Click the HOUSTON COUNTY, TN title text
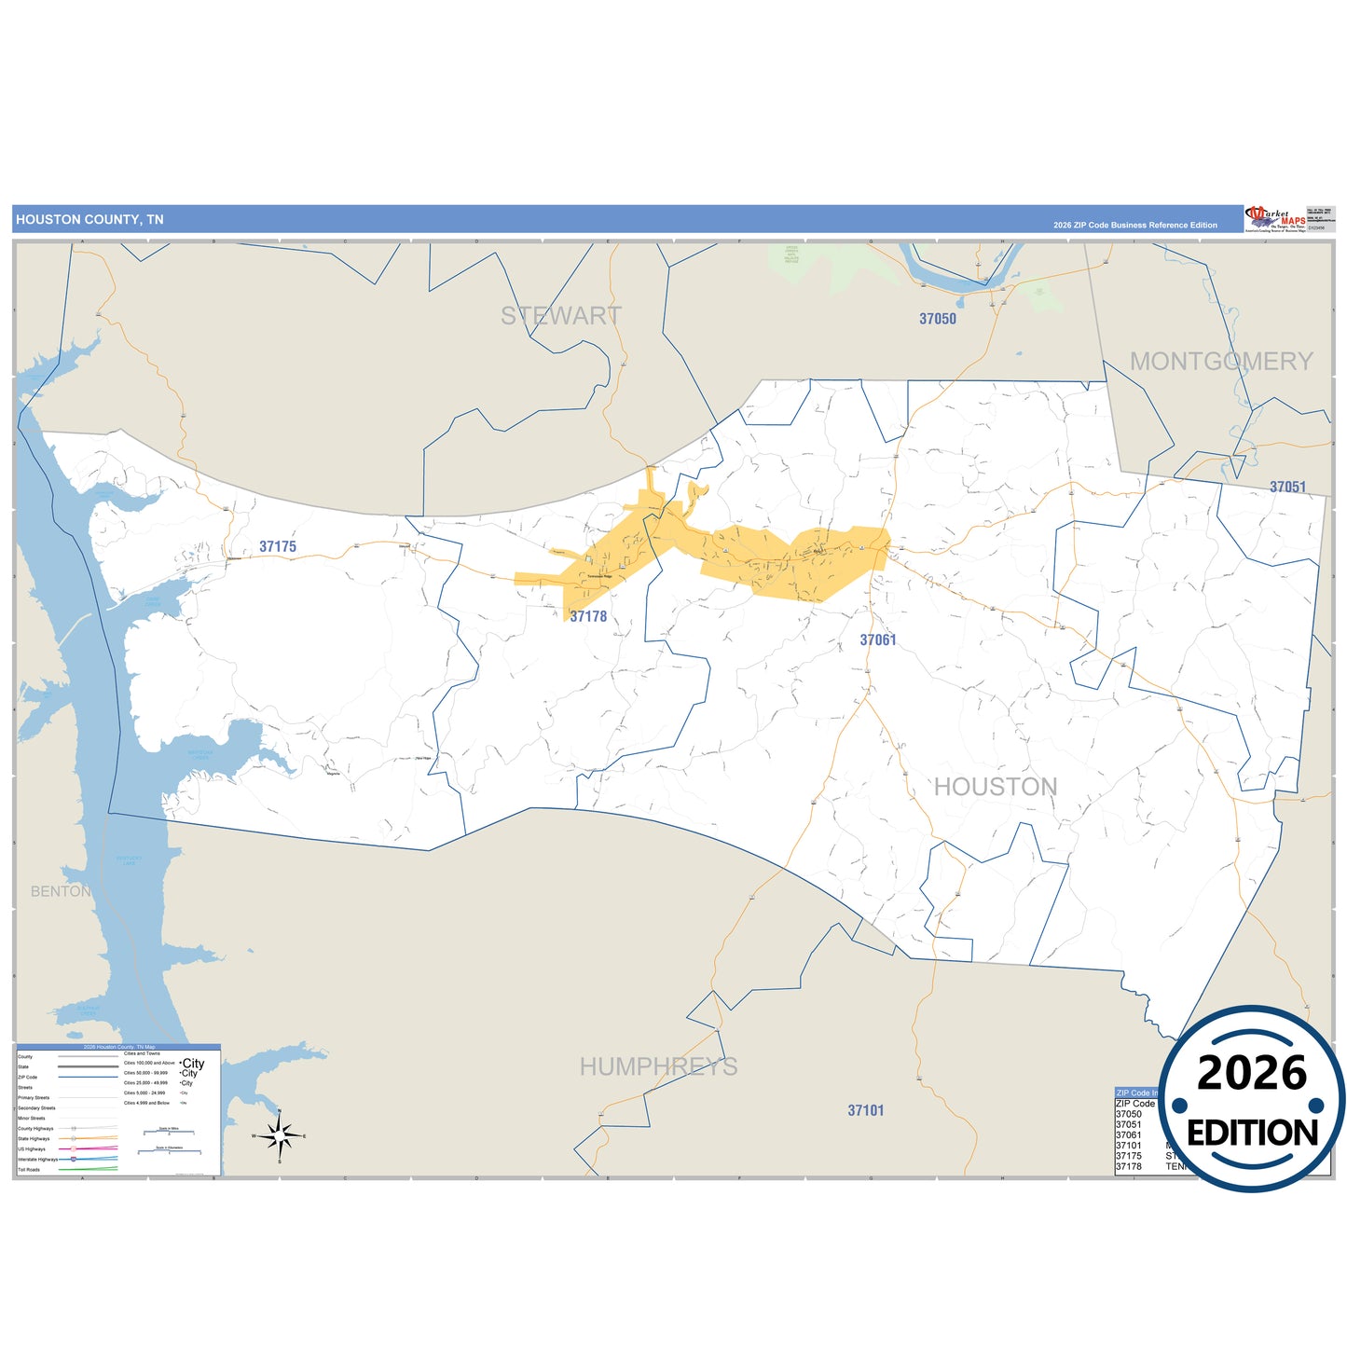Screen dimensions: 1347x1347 (89, 220)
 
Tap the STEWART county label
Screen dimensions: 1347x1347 (560, 316)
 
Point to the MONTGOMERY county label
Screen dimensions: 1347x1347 (1221, 362)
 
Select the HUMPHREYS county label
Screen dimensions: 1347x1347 (658, 1066)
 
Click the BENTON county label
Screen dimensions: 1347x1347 (61, 891)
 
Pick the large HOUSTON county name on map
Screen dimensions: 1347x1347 (996, 787)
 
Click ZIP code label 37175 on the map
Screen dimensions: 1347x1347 (278, 547)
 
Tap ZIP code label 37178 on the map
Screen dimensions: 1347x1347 (588, 616)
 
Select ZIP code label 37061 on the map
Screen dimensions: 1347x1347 (878, 640)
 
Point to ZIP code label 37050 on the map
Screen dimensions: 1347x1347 (938, 319)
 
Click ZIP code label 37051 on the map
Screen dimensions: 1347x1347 (1287, 488)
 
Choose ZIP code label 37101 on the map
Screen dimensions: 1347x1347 (866, 1110)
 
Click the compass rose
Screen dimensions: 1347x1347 (280, 1136)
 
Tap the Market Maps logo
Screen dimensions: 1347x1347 (1275, 219)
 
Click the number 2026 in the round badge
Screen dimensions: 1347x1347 (1252, 1073)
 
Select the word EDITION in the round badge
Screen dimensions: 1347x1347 (1252, 1133)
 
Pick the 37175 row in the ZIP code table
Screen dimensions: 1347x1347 (1129, 1156)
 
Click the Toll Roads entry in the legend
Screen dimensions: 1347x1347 (29, 1169)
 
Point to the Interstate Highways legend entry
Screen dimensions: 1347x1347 (37, 1159)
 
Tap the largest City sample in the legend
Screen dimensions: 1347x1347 (193, 1064)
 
